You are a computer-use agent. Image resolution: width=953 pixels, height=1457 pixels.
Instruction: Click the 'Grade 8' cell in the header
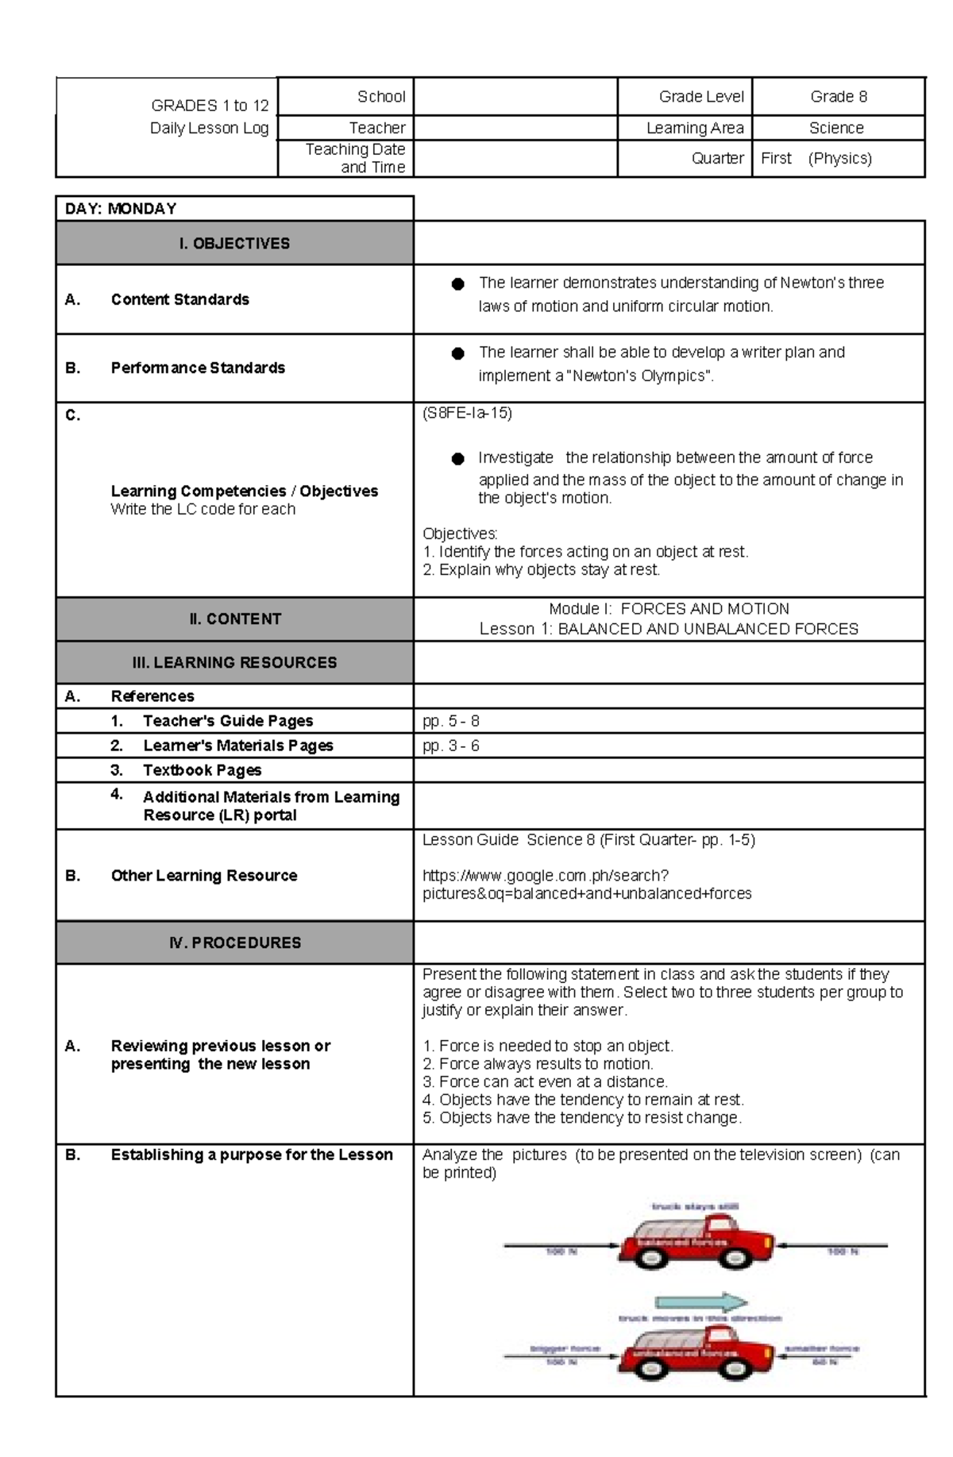pyautogui.click(x=838, y=97)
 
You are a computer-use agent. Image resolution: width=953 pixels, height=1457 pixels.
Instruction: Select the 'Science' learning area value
pyautogui.click(x=836, y=128)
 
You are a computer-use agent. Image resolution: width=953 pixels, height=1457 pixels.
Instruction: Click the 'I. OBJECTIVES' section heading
pyautogui.click(x=234, y=244)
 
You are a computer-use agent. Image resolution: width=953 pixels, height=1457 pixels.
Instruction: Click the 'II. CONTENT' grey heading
pyautogui.click(x=235, y=619)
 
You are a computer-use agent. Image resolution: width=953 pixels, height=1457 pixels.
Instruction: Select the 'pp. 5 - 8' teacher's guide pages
pyautogui.click(x=451, y=721)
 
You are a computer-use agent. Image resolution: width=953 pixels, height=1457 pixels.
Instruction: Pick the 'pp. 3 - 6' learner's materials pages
pyautogui.click(x=451, y=746)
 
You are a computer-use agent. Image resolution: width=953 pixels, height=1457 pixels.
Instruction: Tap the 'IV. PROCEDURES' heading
pyautogui.click(x=235, y=943)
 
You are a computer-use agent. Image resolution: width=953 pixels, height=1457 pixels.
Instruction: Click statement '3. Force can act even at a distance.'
pyautogui.click(x=546, y=1082)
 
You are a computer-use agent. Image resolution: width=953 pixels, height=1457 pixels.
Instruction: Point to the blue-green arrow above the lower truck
pyautogui.click(x=700, y=1302)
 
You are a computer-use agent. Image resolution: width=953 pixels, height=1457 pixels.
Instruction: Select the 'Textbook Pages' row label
pyautogui.click(x=202, y=770)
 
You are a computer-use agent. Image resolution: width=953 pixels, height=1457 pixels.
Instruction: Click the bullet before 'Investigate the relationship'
pyautogui.click(x=457, y=459)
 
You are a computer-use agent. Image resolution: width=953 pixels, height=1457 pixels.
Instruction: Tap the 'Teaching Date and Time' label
pyautogui.click(x=356, y=158)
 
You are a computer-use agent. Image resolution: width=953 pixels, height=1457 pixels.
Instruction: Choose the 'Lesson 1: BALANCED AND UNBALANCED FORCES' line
pyautogui.click(x=669, y=629)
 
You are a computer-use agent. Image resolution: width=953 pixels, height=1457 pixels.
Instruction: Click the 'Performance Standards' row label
pyautogui.click(x=198, y=368)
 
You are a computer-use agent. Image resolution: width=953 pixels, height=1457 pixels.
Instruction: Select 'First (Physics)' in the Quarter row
pyautogui.click(x=816, y=158)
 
